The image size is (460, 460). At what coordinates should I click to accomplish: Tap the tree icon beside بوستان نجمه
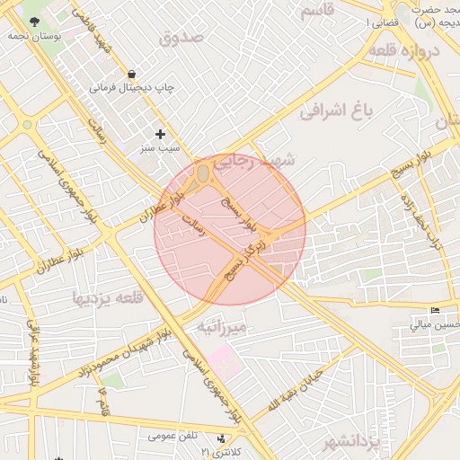(33, 22)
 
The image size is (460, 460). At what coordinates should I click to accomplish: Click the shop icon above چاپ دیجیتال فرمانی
(132, 74)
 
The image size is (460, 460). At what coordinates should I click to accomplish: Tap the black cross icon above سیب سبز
(161, 133)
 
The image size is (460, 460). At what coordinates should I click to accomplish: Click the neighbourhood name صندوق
(183, 38)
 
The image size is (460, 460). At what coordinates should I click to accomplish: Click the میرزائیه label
(221, 328)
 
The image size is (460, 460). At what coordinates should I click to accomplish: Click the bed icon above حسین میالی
(435, 311)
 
